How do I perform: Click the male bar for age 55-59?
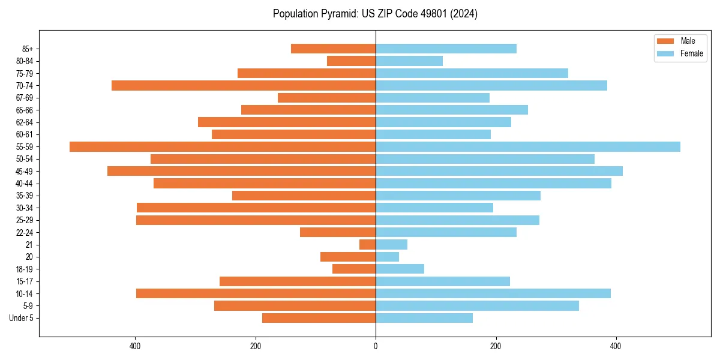click(223, 146)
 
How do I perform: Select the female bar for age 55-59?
click(528, 146)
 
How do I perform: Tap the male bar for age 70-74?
click(244, 85)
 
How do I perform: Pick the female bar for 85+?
click(446, 49)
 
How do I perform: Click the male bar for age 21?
click(368, 244)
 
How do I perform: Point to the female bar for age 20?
click(387, 257)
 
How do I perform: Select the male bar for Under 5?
click(319, 318)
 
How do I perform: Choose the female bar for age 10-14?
click(493, 293)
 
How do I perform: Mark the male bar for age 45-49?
click(241, 171)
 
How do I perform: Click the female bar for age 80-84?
click(409, 61)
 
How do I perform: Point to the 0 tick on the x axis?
click(376, 346)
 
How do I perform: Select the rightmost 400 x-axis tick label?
click(616, 346)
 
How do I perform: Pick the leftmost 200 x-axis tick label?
click(256, 346)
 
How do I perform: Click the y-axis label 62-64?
click(24, 122)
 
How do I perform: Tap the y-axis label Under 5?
click(21, 318)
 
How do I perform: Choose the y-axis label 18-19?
click(24, 269)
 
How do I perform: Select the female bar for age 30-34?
click(434, 208)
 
